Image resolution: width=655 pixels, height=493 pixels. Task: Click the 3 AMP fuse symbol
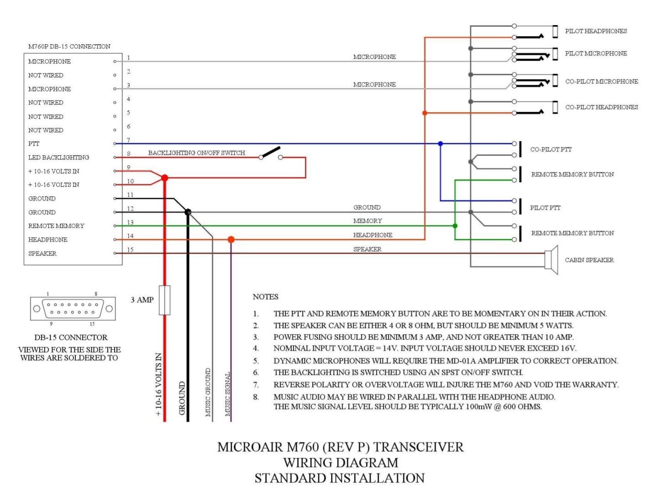point(164,300)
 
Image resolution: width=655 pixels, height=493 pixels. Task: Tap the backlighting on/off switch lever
point(270,152)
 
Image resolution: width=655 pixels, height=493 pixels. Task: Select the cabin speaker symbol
point(551,260)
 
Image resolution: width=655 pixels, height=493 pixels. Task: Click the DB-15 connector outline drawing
point(73,309)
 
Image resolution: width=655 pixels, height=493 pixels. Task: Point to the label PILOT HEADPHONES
point(596,31)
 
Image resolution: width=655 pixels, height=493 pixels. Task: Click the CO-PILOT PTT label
point(550,149)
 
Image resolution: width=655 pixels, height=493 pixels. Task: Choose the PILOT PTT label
point(545,208)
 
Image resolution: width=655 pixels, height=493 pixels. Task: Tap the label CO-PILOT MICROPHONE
point(602,81)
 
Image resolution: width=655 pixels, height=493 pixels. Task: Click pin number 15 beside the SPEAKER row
point(130,250)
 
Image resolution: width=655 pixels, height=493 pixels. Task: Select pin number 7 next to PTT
point(128,140)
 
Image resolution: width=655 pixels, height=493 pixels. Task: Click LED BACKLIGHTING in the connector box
point(58,157)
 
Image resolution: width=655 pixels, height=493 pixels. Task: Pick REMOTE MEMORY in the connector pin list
point(56,226)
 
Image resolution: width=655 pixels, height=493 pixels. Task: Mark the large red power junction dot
point(164,178)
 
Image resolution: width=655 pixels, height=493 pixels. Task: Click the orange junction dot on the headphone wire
point(231,239)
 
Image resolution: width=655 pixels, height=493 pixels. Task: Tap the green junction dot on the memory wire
point(455,226)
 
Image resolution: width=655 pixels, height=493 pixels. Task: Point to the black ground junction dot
point(188,212)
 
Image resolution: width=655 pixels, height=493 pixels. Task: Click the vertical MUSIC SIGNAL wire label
point(227,394)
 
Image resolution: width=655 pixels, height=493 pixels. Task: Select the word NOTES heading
point(265,297)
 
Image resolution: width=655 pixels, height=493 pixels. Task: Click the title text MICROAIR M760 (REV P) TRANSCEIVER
point(340,447)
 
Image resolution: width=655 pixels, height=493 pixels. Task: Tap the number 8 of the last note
point(256,397)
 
